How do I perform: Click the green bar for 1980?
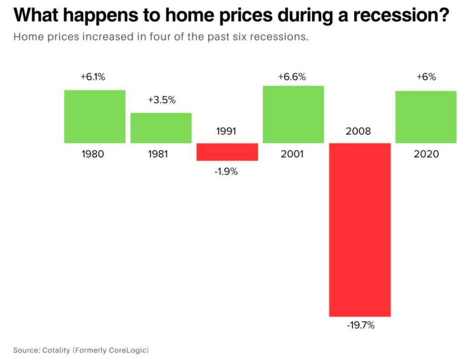[x=95, y=117]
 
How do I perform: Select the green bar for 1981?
[x=161, y=128]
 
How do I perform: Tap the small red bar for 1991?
[x=227, y=152]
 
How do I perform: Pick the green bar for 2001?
[x=293, y=114]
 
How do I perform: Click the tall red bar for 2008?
[x=360, y=229]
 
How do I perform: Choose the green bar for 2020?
[x=426, y=117]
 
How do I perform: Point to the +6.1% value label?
[x=93, y=77]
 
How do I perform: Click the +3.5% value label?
[x=162, y=100]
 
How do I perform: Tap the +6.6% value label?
[x=292, y=77]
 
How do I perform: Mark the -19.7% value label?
[x=360, y=326]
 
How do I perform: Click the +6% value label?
[x=426, y=77]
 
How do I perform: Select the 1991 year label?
[x=226, y=132]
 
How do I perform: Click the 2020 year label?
[x=426, y=154]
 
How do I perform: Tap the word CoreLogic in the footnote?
[x=130, y=350]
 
